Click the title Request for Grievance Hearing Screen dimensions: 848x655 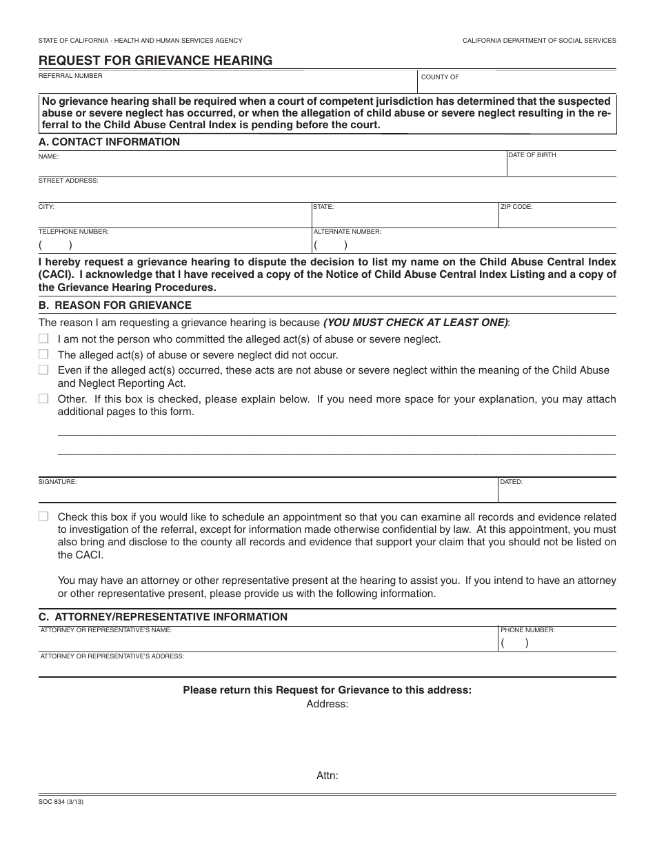click(155, 61)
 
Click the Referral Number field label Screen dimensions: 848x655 click(70, 76)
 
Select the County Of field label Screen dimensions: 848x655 click(440, 77)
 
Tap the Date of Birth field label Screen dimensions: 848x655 click(532, 155)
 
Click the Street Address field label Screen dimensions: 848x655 click(68, 181)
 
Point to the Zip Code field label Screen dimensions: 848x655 click(517, 206)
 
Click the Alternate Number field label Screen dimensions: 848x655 click(347, 232)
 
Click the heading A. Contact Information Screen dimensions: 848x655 click(109, 142)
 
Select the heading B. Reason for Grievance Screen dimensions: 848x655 click(115, 305)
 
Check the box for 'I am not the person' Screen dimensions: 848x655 click(43, 339)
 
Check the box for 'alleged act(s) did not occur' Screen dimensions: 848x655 click(43, 354)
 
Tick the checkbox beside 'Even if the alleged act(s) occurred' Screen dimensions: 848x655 click(43, 370)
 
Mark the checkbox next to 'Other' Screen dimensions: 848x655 click(43, 398)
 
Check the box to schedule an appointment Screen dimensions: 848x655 click(43, 516)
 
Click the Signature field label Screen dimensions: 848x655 click(57, 482)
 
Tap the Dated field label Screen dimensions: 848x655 click(512, 482)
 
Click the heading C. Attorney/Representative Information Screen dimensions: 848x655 click(163, 617)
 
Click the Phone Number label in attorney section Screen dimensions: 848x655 click(527, 630)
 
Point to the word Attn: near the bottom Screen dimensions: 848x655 click(327, 776)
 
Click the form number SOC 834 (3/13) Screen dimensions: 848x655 click(61, 802)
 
